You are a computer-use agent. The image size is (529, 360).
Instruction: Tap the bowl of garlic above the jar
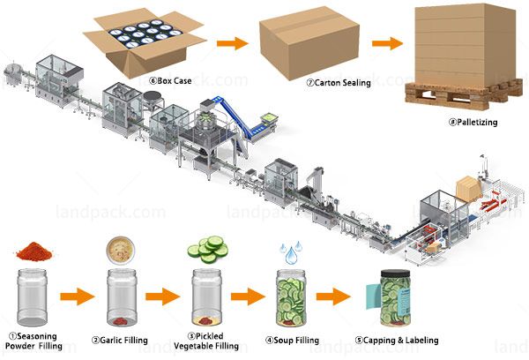point(121,248)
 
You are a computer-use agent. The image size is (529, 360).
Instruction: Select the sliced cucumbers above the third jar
point(209,251)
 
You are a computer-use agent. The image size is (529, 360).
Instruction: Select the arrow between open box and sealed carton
point(232,41)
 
